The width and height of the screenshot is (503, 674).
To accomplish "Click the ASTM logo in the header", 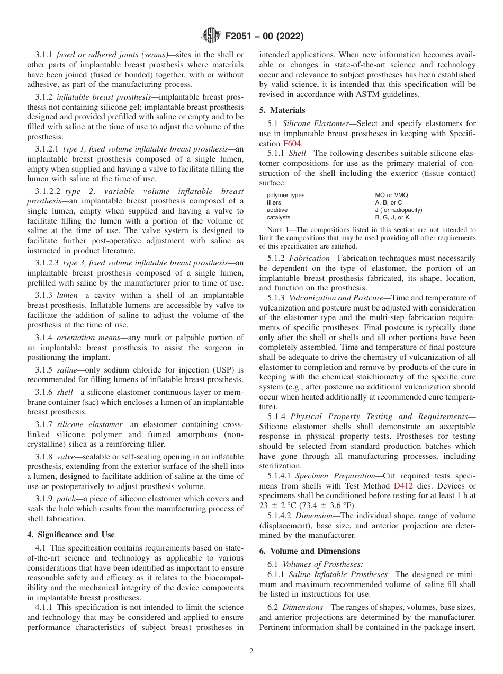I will click(211, 36).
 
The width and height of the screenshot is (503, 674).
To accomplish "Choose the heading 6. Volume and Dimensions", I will click(309, 551).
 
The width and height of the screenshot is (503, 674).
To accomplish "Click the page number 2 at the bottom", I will click(251, 651).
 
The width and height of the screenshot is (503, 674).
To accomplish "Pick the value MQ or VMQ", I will click(391, 196).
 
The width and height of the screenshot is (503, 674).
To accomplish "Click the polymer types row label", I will click(285, 196).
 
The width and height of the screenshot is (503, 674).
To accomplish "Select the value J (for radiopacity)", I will click(398, 210).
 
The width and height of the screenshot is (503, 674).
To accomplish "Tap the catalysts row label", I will click(279, 217).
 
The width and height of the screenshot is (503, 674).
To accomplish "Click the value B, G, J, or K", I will click(392, 217).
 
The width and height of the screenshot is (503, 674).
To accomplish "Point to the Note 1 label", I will click(279, 230).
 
